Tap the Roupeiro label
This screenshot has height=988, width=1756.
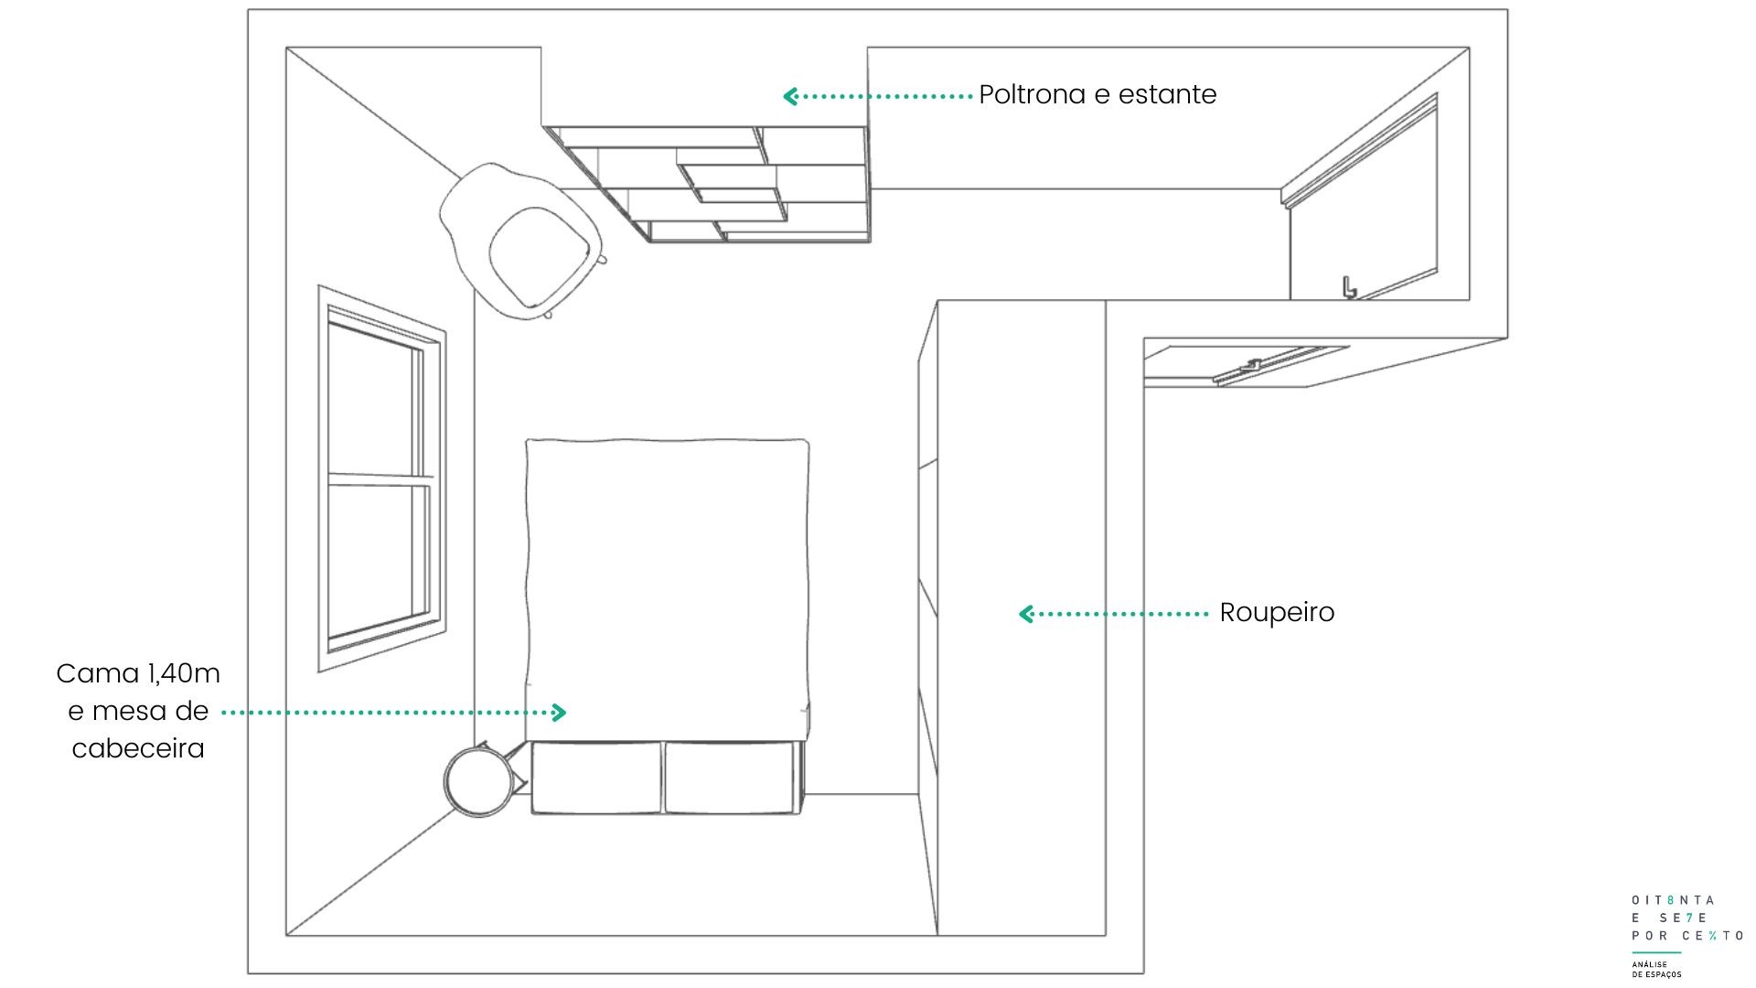(x=1277, y=613)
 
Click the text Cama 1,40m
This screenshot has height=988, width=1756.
(x=138, y=674)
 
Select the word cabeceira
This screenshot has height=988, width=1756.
(x=138, y=748)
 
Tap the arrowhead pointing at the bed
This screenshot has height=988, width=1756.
(x=559, y=712)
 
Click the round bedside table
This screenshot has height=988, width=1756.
(x=478, y=780)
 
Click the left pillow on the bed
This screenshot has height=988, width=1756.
(x=596, y=778)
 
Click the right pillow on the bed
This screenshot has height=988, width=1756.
(x=732, y=778)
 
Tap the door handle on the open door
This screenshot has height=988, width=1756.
(x=1348, y=287)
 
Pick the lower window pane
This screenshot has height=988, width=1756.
(x=379, y=559)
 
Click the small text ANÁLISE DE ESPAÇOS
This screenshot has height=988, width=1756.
(x=1656, y=970)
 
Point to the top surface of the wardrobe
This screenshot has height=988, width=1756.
(x=1022, y=617)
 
